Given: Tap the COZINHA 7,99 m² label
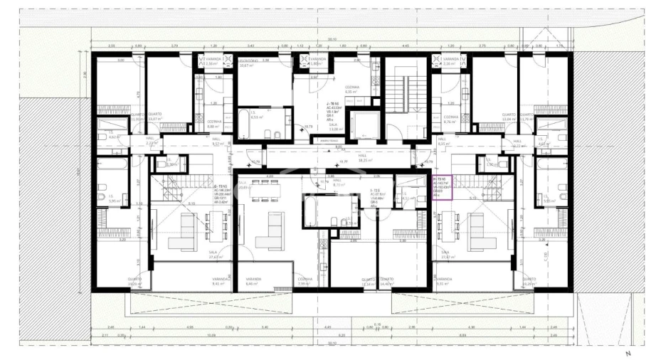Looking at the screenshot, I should tap(304, 281).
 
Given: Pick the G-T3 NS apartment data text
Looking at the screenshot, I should tap(223, 194).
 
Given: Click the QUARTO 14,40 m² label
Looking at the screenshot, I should tap(387, 281).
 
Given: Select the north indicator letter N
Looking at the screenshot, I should tap(628, 354).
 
